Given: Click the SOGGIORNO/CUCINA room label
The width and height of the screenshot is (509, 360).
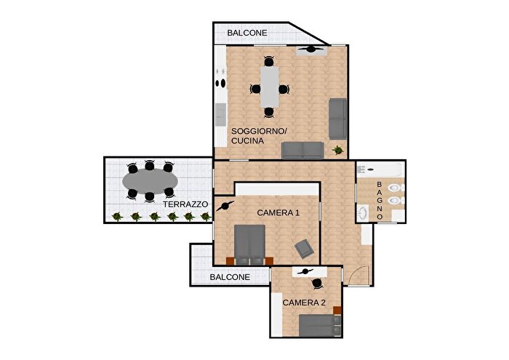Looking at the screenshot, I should pyautogui.click(x=259, y=136).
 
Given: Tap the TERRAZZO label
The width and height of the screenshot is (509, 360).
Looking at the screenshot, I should pyautogui.click(x=186, y=205).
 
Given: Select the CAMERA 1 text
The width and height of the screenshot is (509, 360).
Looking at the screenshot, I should pyautogui.click(x=278, y=212).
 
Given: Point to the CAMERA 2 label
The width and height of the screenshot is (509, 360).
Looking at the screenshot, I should pyautogui.click(x=304, y=302).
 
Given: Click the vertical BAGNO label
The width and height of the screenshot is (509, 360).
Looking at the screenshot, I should pyautogui.click(x=380, y=201).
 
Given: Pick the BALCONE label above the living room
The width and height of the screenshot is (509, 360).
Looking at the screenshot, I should pyautogui.click(x=247, y=33).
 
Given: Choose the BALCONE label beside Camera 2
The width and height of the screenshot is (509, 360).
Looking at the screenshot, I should pyautogui.click(x=230, y=277).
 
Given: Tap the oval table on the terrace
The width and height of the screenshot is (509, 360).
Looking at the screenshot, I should pyautogui.click(x=149, y=180).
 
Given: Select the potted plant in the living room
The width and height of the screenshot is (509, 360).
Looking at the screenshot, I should pyautogui.click(x=337, y=150).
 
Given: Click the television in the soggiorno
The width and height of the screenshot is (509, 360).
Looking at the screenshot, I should pyautogui.click(x=313, y=49).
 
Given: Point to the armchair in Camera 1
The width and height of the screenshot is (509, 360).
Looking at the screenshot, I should pyautogui.click(x=305, y=249).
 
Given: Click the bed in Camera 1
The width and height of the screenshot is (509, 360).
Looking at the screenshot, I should pyautogui.click(x=249, y=244).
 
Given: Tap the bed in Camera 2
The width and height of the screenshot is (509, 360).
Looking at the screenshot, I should pyautogui.click(x=318, y=326).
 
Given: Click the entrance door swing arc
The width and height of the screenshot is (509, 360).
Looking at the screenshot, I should pyautogui.click(x=356, y=273).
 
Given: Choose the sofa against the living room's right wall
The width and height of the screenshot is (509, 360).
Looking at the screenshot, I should pyautogui.click(x=337, y=119).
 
